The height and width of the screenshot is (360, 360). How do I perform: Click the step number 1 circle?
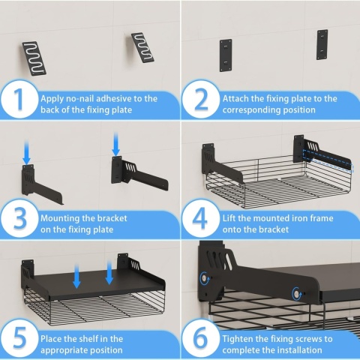point(19,99)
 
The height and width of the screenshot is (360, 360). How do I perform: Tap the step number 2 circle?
point(201,99)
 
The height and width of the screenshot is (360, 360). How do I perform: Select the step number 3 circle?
point(19,218)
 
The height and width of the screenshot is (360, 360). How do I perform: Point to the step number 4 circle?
point(201,218)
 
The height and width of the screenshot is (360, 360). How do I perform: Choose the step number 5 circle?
point(19,338)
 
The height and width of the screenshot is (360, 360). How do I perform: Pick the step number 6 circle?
point(201,338)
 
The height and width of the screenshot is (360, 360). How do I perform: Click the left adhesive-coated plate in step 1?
point(34,58)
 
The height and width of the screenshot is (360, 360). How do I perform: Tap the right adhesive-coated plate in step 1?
point(142,47)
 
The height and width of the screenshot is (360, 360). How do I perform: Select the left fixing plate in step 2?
point(226,55)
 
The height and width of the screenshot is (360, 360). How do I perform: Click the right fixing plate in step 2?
point(322,45)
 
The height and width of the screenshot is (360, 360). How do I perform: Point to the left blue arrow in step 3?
point(27,152)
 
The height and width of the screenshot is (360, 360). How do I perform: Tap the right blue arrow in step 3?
point(115,144)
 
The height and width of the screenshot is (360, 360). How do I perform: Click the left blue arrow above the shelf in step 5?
point(76,277)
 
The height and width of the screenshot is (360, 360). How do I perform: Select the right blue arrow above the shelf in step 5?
point(109,272)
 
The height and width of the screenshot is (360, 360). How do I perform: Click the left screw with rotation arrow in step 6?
point(204,278)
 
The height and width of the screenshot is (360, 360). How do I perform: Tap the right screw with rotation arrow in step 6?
point(297,294)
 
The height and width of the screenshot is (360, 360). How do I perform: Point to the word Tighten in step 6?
point(237,339)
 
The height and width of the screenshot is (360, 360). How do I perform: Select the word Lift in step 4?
point(229,218)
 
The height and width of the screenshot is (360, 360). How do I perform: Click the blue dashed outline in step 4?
point(328,161)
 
